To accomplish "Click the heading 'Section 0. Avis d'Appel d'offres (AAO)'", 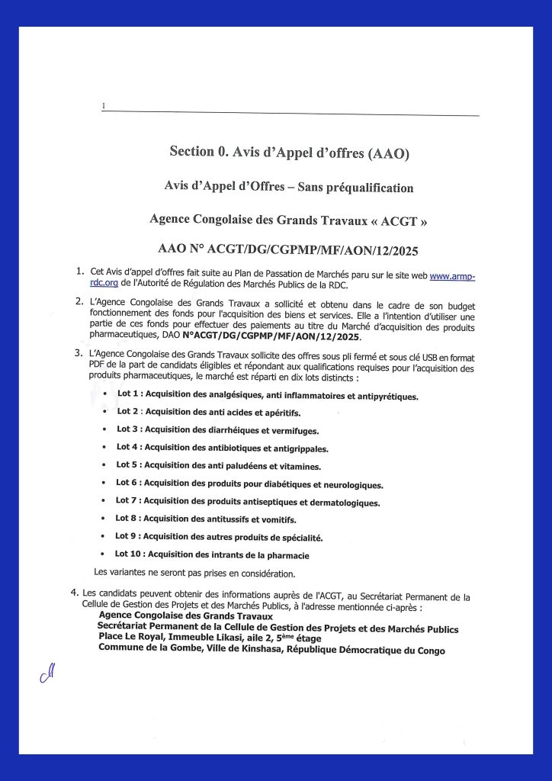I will click(x=289, y=152).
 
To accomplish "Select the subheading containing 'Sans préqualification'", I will click(x=289, y=187).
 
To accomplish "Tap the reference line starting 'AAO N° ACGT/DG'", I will click(x=289, y=249).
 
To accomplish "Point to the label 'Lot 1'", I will click(x=130, y=394).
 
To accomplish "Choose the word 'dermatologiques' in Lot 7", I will click(x=342, y=502).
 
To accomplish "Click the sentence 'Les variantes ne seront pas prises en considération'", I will click(x=194, y=572).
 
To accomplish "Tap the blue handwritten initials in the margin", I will click(x=49, y=674).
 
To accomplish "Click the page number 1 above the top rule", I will click(x=103, y=105).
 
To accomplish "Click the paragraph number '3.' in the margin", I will click(x=78, y=352).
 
